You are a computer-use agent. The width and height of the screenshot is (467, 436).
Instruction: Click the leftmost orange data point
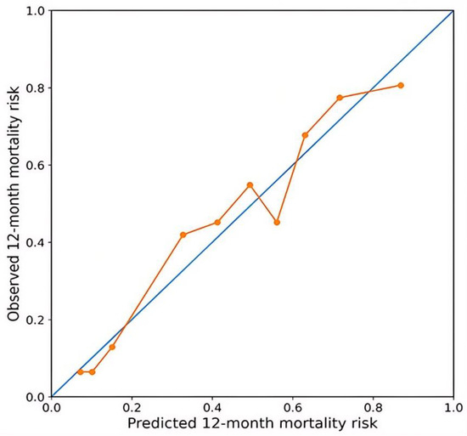[80, 371]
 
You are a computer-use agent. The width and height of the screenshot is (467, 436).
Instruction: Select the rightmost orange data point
[401, 86]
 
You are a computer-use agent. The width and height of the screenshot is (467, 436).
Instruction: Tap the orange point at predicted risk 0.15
[112, 347]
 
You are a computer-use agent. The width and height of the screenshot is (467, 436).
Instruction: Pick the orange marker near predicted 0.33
[183, 235]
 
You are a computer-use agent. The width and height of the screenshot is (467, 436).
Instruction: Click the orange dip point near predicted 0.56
[277, 223]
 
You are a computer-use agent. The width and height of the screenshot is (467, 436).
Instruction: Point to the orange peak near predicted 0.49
[250, 185]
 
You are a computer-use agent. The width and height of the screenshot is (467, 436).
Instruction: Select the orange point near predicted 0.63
[305, 135]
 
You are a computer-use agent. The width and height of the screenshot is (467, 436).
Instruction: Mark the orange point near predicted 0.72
[340, 98]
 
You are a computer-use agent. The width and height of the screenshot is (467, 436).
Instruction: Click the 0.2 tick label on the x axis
[132, 408]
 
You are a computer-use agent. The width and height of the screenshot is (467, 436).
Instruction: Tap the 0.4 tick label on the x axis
[212, 408]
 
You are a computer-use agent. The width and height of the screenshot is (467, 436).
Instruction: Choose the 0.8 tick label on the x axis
[373, 408]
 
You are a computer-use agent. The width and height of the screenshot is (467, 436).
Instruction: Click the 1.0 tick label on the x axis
[453, 408]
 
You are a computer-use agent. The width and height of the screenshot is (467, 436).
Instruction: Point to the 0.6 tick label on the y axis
[36, 165]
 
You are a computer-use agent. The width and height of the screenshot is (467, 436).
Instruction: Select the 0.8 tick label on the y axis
[36, 88]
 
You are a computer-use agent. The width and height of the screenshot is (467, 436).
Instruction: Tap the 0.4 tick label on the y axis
[36, 242]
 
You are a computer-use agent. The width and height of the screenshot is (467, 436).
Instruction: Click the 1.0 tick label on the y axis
[36, 11]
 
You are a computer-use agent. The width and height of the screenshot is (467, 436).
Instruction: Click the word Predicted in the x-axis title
[161, 423]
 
